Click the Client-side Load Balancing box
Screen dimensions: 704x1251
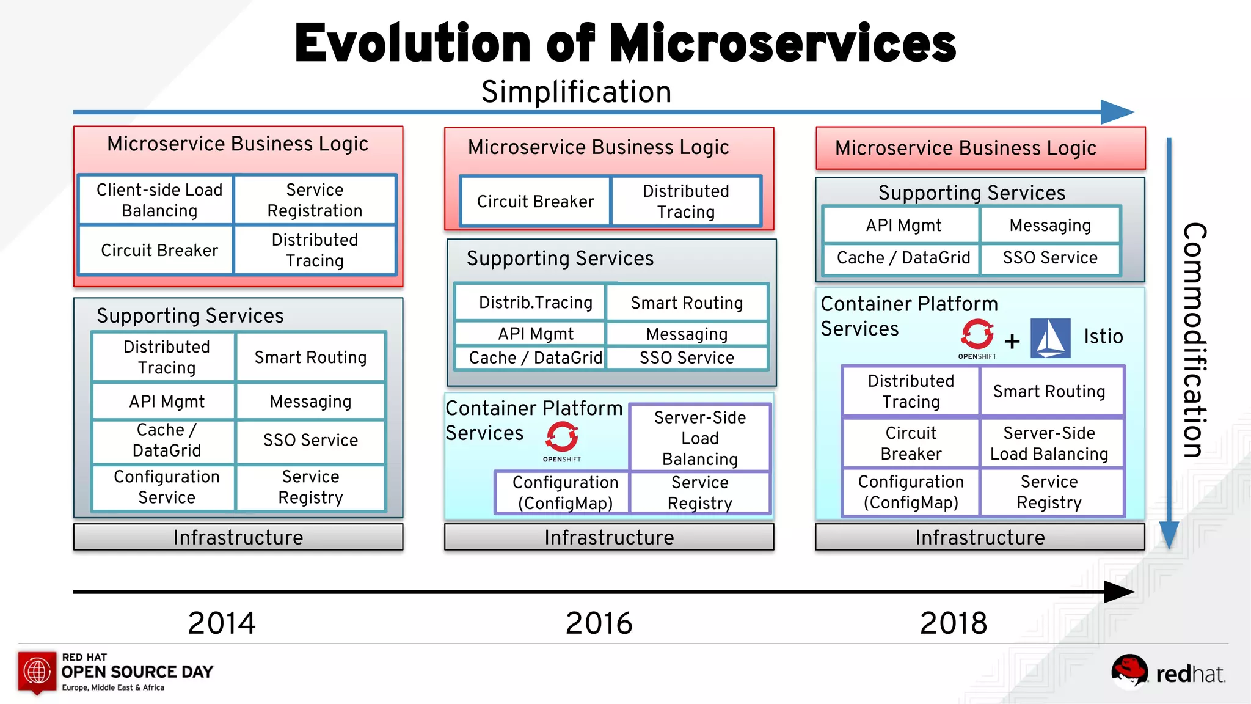tap(159, 200)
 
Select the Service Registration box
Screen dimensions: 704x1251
tap(315, 200)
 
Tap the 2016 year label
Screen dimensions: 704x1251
tap(599, 623)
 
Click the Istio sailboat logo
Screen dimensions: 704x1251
tap(1050, 338)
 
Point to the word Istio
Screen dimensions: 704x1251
tap(1103, 336)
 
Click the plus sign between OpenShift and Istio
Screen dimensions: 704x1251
tap(1012, 340)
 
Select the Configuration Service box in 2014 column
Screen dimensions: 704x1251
tap(166, 486)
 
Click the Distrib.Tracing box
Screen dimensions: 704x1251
tap(535, 302)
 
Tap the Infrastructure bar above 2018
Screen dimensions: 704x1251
tap(979, 537)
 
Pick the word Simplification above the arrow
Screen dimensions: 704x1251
tap(576, 92)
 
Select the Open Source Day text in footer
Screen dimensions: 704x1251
tap(137, 672)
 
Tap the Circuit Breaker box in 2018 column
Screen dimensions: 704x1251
tap(911, 443)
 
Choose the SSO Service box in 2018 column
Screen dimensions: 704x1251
tap(1049, 258)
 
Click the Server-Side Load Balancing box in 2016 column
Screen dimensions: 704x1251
tap(699, 438)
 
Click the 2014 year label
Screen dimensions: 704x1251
tap(222, 623)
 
